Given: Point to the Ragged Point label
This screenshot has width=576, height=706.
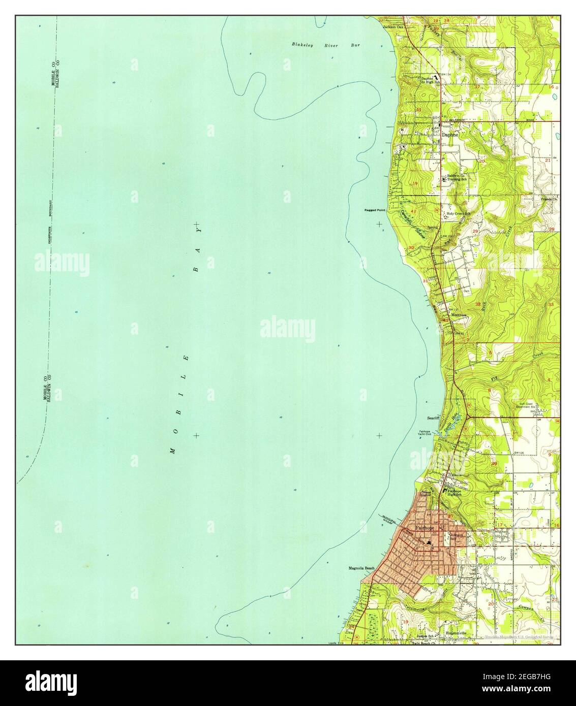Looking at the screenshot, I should click(x=375, y=210).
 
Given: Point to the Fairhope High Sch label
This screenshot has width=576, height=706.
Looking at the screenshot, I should click(x=455, y=493).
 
